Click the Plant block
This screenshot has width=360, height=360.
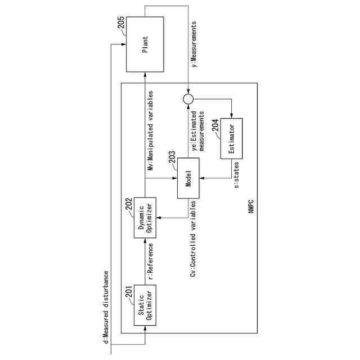tap(145, 44)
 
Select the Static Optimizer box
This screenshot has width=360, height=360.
tap(145, 306)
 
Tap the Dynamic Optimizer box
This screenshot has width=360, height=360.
tap(145, 218)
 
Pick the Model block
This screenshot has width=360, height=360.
tap(189, 178)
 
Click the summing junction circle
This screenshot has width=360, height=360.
tap(188, 99)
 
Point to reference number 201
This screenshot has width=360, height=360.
tap(129, 291)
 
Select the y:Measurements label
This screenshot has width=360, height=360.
tap(194, 44)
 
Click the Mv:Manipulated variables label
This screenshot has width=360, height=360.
tap(151, 130)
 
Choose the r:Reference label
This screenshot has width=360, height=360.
tap(151, 262)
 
